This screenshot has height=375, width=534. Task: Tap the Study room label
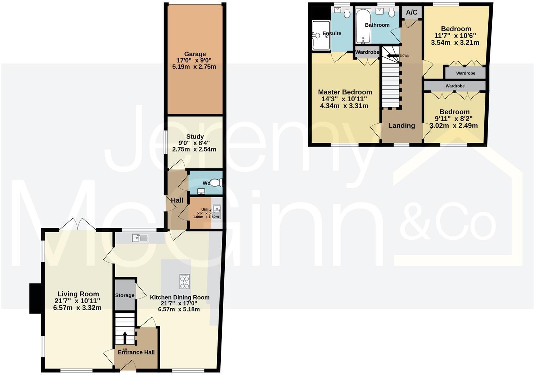[x=195, y=137]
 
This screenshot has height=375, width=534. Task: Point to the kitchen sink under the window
[x=140, y=238]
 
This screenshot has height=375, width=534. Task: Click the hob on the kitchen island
[x=185, y=282]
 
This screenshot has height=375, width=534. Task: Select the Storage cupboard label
[x=125, y=295]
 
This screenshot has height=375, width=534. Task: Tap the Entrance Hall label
[x=136, y=352]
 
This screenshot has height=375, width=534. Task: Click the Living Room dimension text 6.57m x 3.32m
[x=77, y=308]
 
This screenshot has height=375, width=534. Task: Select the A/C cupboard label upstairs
[x=412, y=13]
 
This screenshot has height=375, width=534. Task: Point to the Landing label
[x=401, y=125]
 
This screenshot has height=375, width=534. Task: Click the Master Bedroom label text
[x=345, y=92]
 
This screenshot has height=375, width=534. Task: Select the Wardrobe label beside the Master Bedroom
[x=367, y=52]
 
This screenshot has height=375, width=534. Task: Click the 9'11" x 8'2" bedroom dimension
[x=454, y=119]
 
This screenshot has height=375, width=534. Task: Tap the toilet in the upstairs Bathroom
[x=392, y=13]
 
